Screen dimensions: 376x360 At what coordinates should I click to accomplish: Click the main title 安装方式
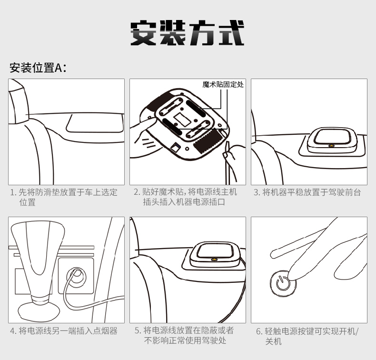(188, 33)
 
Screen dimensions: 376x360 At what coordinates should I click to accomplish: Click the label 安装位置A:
(38, 68)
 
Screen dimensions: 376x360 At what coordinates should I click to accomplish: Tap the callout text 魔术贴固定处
(223, 84)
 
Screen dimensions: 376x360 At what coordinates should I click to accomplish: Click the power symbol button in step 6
(283, 283)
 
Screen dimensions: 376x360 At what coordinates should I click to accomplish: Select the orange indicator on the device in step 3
(332, 145)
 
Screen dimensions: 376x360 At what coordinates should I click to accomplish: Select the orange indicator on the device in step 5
(214, 259)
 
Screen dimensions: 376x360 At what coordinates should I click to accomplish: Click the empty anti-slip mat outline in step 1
(95, 123)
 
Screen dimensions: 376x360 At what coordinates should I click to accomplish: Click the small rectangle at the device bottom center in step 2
(182, 119)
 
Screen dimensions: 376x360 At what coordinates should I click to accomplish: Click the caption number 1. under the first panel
(13, 192)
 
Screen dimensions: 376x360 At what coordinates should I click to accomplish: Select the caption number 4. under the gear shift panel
(13, 331)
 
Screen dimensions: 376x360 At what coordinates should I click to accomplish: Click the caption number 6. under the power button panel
(259, 331)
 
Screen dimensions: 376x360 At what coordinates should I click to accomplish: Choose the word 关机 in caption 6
(273, 341)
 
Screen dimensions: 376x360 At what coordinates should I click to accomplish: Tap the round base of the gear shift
(39, 311)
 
